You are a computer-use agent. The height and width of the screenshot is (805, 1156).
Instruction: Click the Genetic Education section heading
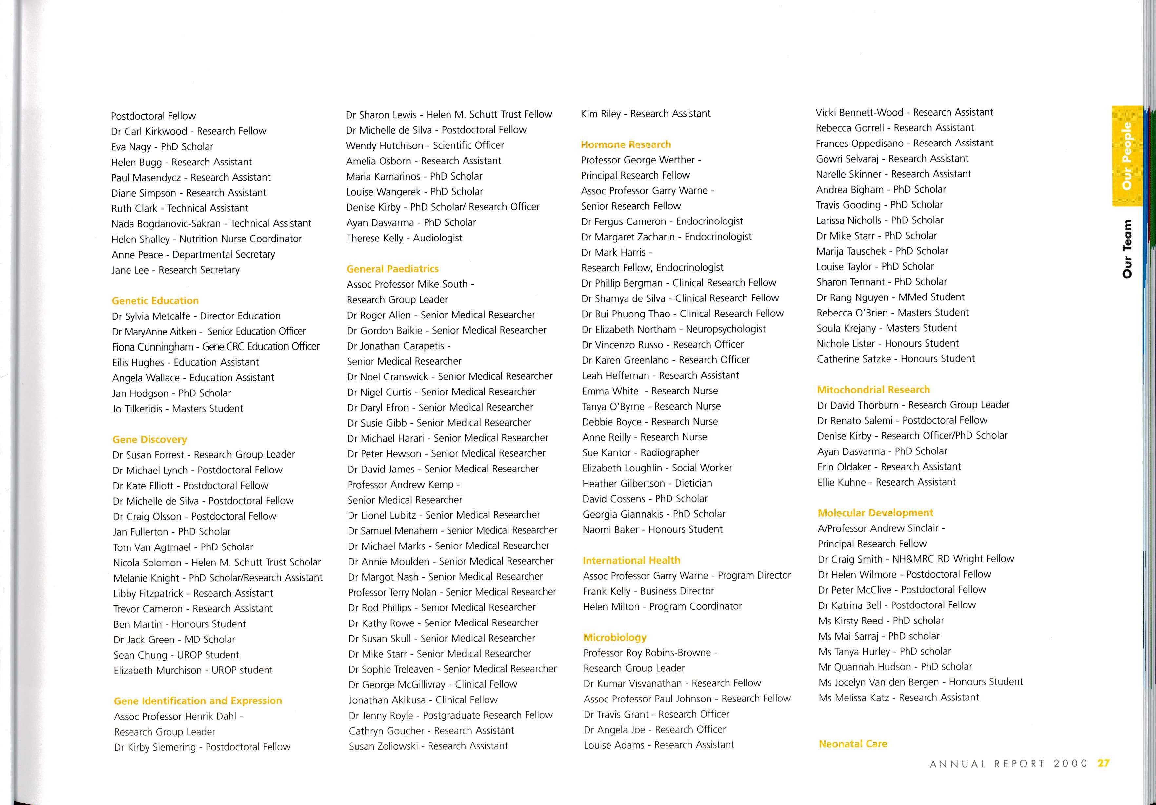[155, 301]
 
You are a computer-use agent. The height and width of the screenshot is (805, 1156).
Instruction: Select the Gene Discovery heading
[149, 439]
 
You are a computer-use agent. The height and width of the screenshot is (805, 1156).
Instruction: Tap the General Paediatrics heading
[392, 269]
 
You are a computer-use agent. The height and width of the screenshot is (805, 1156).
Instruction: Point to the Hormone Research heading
[626, 144]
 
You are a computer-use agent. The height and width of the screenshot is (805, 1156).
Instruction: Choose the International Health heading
[631, 560]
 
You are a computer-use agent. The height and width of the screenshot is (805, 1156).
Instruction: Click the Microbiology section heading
[615, 638]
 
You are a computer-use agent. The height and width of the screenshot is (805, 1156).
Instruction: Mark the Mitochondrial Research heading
[873, 390]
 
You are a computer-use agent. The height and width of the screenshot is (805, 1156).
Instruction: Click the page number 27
[1104, 763]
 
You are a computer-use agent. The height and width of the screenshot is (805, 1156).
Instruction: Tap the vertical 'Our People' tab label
[1127, 156]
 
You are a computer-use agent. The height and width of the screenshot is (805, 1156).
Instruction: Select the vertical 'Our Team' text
[1127, 249]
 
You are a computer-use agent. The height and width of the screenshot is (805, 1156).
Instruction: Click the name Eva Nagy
[131, 147]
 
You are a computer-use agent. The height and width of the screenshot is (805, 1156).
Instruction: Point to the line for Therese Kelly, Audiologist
[404, 238]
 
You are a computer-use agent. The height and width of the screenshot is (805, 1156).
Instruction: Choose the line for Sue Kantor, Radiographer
[640, 453]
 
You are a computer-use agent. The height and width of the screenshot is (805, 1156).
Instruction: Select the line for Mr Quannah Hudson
[895, 667]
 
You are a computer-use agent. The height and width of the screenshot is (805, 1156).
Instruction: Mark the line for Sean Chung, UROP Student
[176, 655]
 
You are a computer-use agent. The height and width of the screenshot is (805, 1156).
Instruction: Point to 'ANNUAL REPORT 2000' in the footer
[1008, 764]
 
